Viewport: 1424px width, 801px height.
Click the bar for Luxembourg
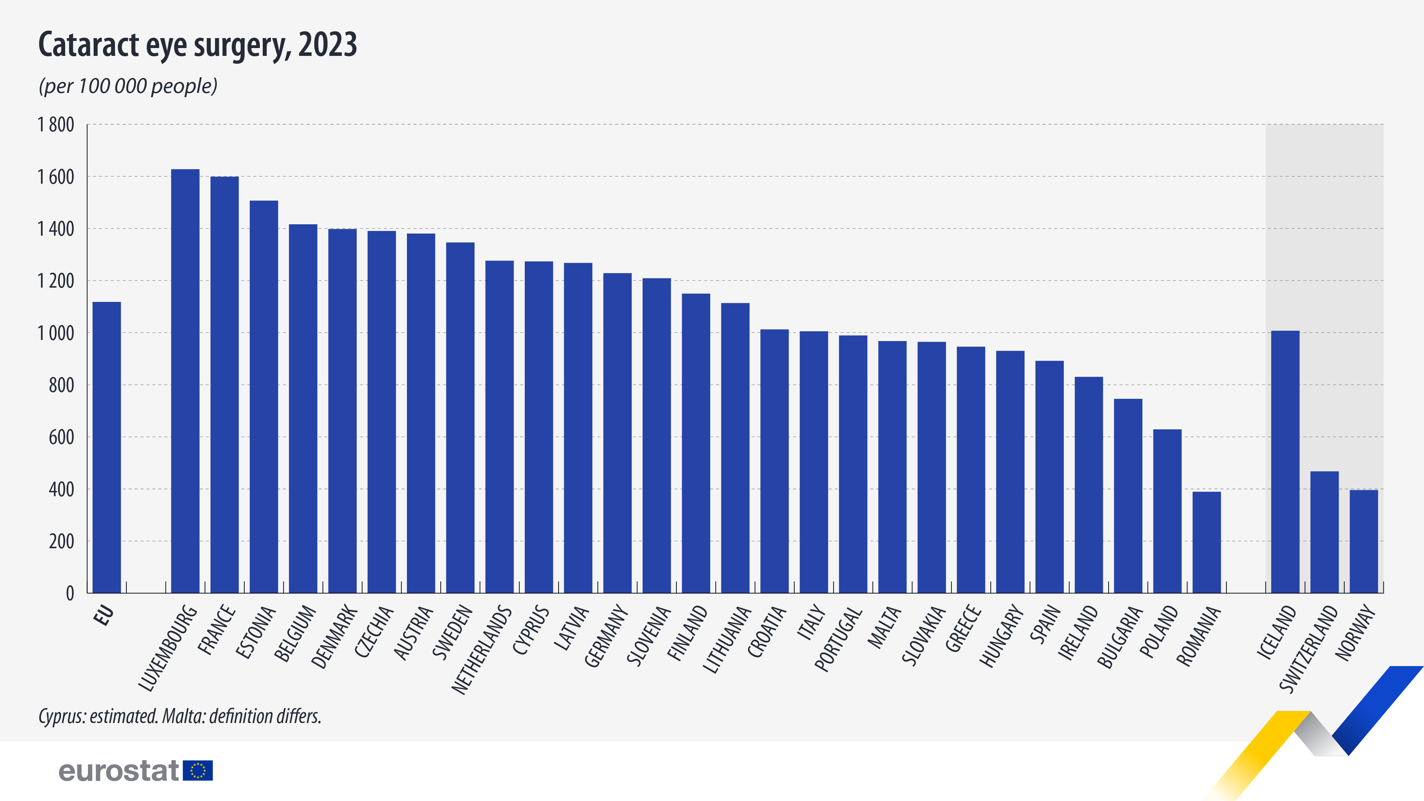(x=185, y=381)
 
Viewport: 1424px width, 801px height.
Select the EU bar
(x=107, y=448)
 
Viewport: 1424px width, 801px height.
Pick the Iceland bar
(x=1285, y=462)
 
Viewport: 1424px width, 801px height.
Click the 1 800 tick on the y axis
(x=56, y=125)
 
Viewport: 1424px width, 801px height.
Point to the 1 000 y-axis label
(x=56, y=333)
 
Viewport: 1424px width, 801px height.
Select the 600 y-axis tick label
(x=61, y=437)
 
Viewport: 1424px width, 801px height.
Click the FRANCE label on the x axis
(x=217, y=630)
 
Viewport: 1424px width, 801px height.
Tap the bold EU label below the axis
(x=104, y=615)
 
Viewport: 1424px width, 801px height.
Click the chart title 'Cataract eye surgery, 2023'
(x=197, y=45)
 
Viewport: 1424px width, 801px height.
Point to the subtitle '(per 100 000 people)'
(x=128, y=86)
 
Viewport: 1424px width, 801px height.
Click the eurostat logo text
(x=119, y=771)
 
